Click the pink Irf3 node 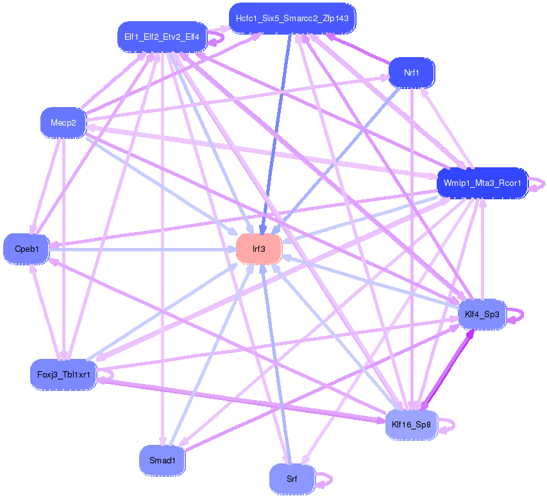(259, 249)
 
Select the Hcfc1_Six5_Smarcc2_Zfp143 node (292, 19)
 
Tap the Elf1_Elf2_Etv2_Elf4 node (162, 37)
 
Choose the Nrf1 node (412, 72)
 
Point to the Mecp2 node (63, 123)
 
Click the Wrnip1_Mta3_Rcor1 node (482, 183)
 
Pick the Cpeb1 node (26, 249)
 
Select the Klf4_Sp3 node (482, 314)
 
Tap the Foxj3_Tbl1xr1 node (63, 374)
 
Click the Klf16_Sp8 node (411, 425)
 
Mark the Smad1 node (162, 460)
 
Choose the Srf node (292, 479)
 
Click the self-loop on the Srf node (324, 481)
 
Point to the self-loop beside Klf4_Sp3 (515, 315)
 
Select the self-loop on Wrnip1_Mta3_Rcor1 (537, 185)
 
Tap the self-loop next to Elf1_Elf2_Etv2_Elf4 (216, 38)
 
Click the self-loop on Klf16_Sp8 (446, 426)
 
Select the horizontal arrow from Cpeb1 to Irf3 (142, 249)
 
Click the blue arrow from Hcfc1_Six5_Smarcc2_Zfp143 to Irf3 (276, 134)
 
